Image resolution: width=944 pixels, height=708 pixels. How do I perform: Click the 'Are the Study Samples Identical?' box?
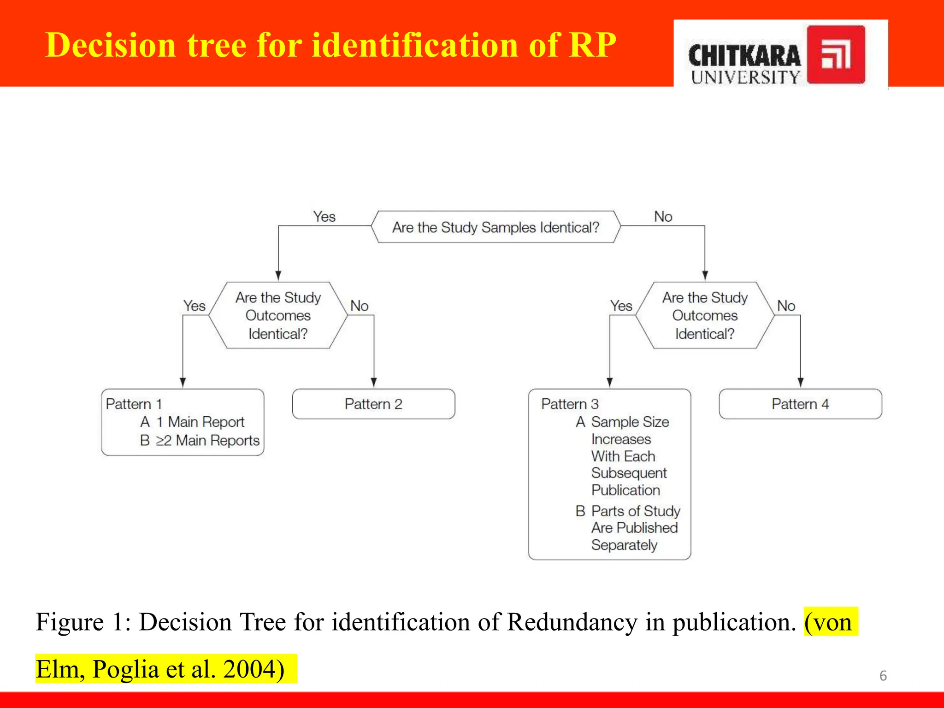[496, 227]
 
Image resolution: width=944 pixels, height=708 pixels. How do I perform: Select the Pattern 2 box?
[373, 404]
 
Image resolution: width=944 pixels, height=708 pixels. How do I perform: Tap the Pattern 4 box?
[800, 404]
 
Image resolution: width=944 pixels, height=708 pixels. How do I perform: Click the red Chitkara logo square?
[836, 55]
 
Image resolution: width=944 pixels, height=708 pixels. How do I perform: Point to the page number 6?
[883, 676]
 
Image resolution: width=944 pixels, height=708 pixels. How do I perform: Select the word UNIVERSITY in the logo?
[745, 77]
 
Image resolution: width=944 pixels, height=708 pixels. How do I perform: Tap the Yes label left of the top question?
[324, 217]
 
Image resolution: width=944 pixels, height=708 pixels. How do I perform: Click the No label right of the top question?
[663, 217]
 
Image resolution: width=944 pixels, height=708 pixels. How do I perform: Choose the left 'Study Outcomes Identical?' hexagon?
[278, 315]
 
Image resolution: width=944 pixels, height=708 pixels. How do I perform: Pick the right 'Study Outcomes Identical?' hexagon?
[705, 315]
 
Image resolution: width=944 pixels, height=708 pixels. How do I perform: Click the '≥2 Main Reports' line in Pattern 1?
[207, 441]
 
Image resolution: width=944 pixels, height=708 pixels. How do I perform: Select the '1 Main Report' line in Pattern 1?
[200, 422]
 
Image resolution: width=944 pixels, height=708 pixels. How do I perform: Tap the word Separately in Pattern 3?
[624, 545]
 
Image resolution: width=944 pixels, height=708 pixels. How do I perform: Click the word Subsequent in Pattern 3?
[629, 473]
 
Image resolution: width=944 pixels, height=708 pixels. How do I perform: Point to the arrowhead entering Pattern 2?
[374, 383]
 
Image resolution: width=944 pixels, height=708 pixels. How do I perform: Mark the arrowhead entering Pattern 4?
[801, 383]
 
